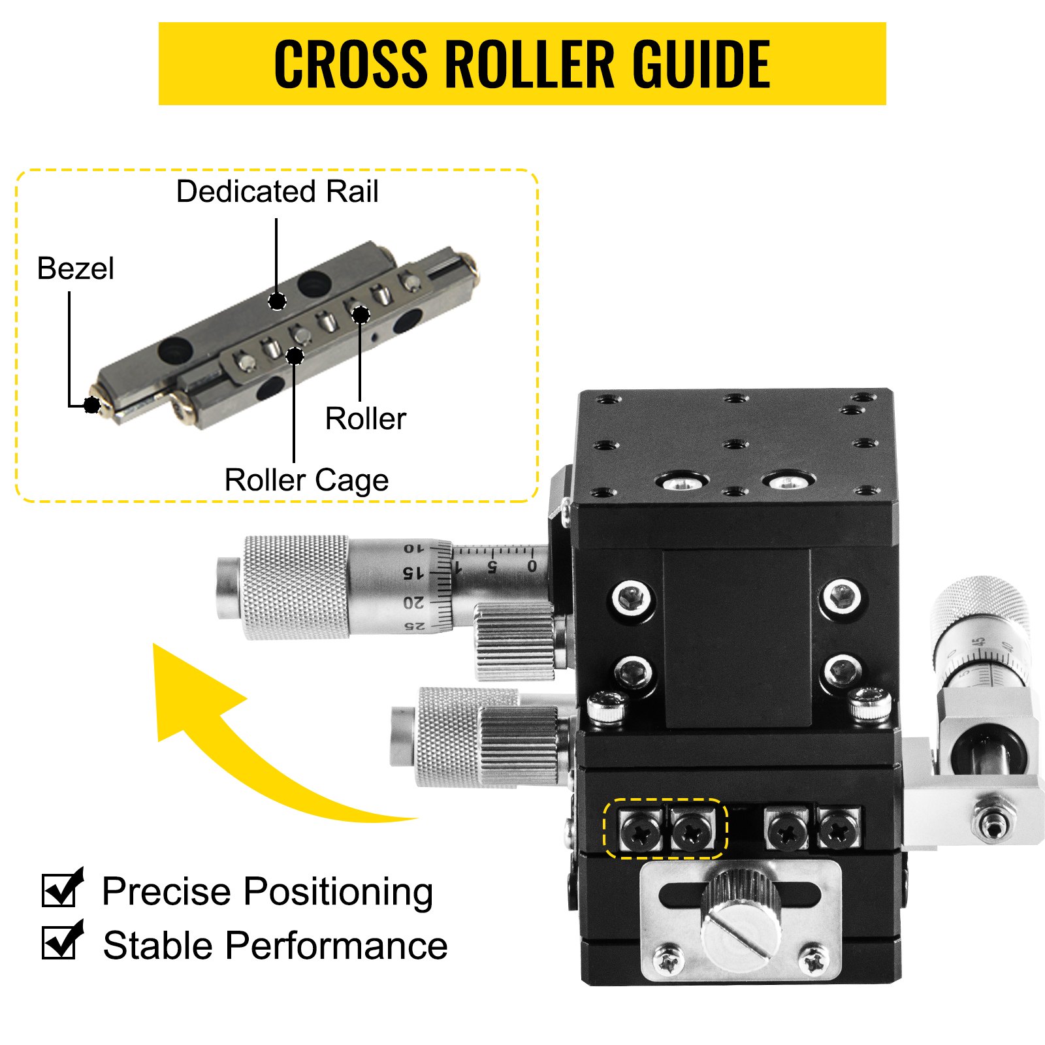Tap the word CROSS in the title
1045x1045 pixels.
[x=350, y=63]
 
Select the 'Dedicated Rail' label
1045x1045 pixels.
[x=277, y=192]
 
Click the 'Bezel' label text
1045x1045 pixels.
[x=75, y=268]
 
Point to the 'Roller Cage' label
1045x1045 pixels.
[x=306, y=480]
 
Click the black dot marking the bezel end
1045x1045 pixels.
[x=92, y=405]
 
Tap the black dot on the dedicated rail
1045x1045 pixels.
[x=278, y=301]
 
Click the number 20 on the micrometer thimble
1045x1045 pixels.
[x=413, y=602]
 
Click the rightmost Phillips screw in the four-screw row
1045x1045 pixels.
[x=839, y=830]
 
